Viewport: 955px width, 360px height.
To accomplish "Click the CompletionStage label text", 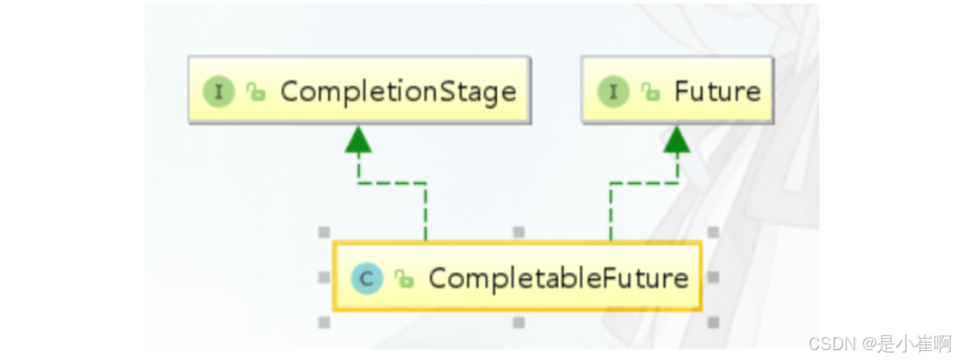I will tap(398, 91).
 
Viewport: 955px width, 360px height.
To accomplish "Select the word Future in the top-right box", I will tap(717, 91).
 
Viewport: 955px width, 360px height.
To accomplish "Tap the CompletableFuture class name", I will tap(558, 278).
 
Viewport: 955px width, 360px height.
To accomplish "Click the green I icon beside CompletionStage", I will tap(218, 91).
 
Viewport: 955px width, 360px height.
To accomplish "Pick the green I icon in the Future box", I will tap(612, 91).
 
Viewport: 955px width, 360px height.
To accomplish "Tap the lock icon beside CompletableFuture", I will tap(404, 279).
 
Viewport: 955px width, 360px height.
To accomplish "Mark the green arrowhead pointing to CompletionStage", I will tap(358, 142).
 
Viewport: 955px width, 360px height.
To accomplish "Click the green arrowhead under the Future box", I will tap(676, 142).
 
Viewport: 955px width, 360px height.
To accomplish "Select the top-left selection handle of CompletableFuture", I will tap(324, 232).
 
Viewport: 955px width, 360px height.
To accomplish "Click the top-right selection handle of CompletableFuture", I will tap(713, 232).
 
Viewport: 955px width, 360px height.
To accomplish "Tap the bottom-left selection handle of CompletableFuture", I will tap(324, 323).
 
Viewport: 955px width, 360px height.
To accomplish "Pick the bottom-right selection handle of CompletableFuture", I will tap(713, 323).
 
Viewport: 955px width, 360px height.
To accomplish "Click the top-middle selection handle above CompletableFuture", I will tap(518, 232).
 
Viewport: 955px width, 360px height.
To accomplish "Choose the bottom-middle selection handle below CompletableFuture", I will tap(518, 323).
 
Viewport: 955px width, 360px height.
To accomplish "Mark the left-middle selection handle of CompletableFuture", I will tap(324, 278).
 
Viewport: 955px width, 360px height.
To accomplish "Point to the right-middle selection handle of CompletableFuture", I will tap(713, 278).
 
